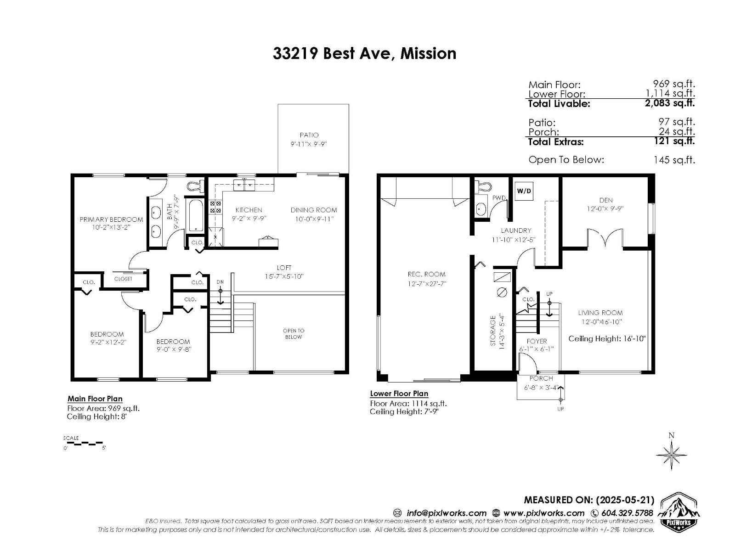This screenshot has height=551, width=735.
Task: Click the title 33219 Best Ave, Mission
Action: tap(364, 53)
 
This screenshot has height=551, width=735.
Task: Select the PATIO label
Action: tap(309, 135)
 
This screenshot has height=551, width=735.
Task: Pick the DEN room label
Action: tap(605, 200)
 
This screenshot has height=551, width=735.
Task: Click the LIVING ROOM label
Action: tap(600, 313)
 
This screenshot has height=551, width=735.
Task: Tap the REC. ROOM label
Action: tap(426, 274)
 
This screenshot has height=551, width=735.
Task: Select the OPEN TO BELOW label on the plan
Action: tap(294, 334)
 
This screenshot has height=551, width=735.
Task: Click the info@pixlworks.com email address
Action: tap(446, 513)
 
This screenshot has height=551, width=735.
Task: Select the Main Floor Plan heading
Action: tap(95, 399)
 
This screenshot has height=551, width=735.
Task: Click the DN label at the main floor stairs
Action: tap(220, 282)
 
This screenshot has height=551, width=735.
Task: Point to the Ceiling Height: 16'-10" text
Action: tap(607, 338)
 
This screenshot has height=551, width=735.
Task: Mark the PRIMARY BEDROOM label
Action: tap(111, 219)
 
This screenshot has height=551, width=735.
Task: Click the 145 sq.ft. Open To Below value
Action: tap(674, 160)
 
